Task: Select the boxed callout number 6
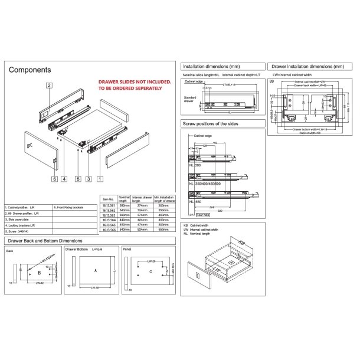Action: (x=53, y=178)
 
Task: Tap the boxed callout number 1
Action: (x=100, y=178)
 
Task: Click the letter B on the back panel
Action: (x=39, y=273)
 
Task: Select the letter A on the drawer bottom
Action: (x=94, y=270)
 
